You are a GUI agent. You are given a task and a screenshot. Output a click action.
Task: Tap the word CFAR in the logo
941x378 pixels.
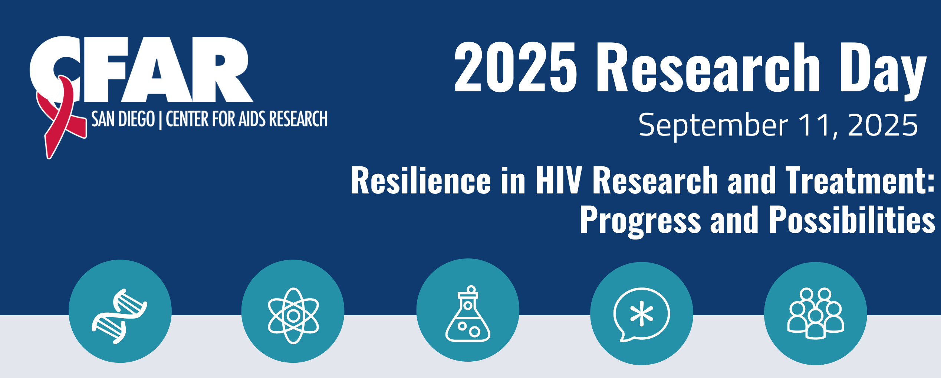(141, 69)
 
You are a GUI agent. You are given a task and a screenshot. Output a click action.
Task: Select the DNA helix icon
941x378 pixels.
(119, 316)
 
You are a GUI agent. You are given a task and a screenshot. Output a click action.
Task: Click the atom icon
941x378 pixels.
(293, 316)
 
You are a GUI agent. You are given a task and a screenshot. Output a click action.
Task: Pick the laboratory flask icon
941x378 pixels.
(468, 313)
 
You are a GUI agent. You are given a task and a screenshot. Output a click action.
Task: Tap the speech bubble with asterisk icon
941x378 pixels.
(641, 314)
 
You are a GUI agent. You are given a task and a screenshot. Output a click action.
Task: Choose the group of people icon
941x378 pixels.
(815, 313)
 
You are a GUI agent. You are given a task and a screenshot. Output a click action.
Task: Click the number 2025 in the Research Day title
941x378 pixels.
(516, 67)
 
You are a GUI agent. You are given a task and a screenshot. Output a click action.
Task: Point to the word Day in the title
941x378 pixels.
(883, 71)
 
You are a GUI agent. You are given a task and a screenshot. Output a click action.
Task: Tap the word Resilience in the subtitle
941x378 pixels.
(421, 180)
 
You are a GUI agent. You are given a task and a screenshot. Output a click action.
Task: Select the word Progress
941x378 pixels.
(640, 221)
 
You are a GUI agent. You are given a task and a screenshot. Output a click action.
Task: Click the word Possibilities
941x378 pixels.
(852, 220)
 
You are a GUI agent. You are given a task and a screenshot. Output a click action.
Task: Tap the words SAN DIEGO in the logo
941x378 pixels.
(123, 119)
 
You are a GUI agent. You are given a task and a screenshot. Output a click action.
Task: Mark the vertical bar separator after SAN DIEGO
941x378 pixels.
(160, 120)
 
